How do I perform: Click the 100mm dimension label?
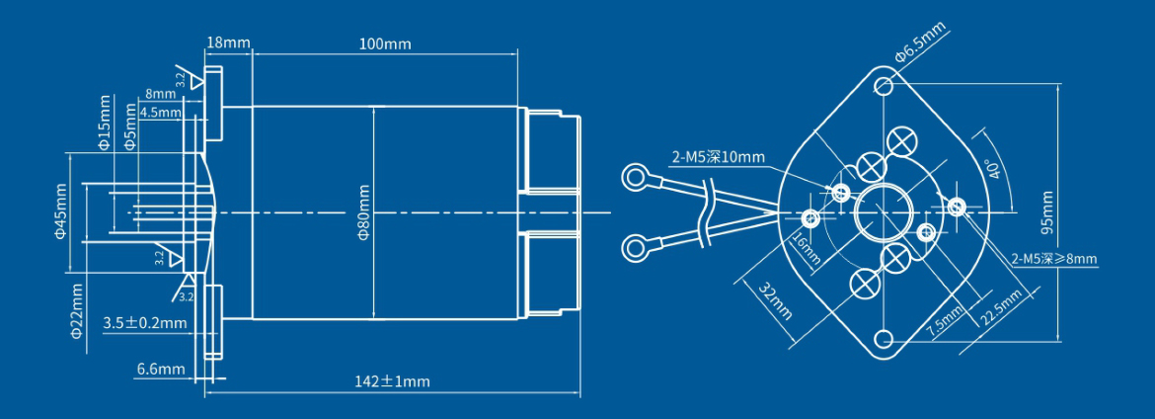pos(385,44)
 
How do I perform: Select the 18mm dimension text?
pos(228,42)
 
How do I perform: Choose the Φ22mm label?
pos(77,311)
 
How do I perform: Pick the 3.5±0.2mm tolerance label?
pos(144,323)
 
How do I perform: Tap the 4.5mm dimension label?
pos(161,113)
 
